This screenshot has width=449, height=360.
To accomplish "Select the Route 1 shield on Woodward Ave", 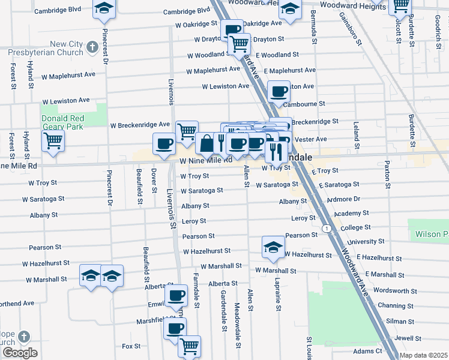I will tap(325, 229).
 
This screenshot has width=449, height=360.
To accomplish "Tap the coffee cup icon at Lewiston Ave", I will tap(279, 91).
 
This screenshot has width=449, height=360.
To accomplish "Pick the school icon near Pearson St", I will tap(273, 247).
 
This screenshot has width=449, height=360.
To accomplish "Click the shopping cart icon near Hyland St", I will tap(53, 141).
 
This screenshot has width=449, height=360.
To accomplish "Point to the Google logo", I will tap(20, 353).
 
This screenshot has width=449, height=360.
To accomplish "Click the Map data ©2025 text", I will tap(424, 355).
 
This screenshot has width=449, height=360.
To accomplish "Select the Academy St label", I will tap(351, 214).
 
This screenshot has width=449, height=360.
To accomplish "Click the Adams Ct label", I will tap(368, 351).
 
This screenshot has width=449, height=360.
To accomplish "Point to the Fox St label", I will tap(131, 346).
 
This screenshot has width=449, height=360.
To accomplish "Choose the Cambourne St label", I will tap(303, 104).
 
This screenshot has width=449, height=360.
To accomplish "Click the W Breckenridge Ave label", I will tap(140, 125).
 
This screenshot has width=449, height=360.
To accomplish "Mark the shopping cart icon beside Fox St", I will tap(189, 346).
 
